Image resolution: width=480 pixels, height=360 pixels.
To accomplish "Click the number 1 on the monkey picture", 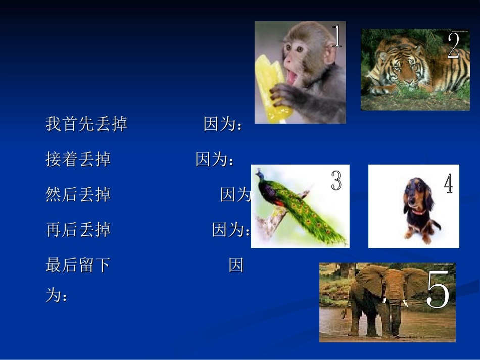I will (337, 36).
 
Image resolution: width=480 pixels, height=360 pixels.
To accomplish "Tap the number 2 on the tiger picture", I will (453, 46).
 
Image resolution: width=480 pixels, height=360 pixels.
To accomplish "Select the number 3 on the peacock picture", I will (337, 180).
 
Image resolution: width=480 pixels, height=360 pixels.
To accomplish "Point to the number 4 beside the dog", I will (448, 184).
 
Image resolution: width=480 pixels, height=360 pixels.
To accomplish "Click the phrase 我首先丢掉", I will (86, 124).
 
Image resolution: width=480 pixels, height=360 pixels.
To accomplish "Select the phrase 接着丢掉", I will (78, 159).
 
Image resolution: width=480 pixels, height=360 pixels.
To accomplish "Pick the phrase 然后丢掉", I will (78, 194).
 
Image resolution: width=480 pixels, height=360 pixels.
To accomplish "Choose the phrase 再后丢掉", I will (78, 230).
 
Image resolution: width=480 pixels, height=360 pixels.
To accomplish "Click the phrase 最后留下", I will (78, 265).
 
